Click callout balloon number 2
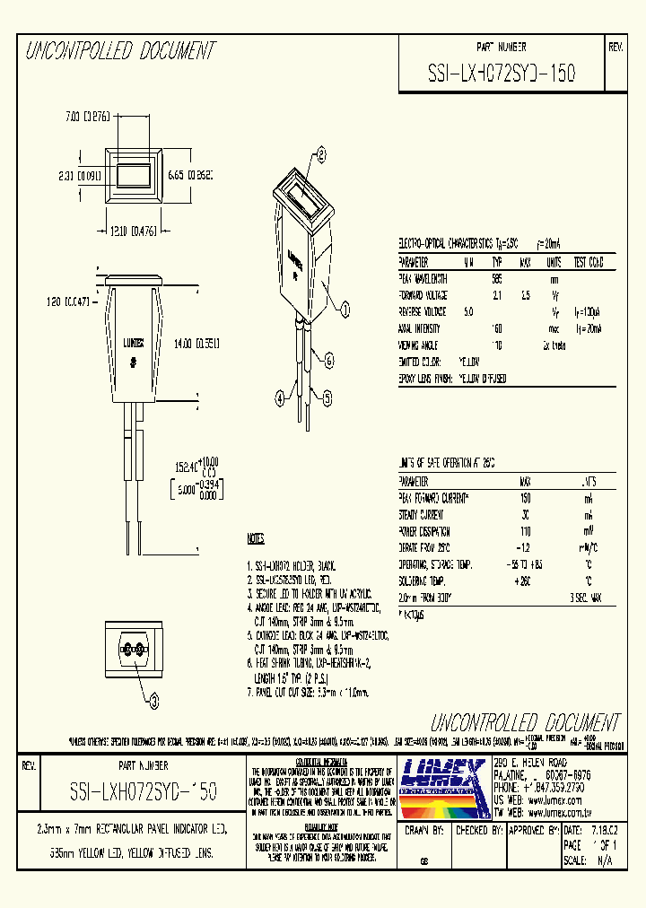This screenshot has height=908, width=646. pos(320,153)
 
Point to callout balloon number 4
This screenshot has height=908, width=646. pos(280,396)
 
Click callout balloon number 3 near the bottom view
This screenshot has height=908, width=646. pos(153,700)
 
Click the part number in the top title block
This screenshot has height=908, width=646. pos(501,71)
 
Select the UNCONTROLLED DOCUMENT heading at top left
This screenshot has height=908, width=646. pos(120,51)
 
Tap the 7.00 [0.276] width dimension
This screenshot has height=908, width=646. pos(86,117)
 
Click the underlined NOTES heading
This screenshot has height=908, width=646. pos(256,539)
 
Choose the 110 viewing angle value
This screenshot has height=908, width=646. pos(497,345)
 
